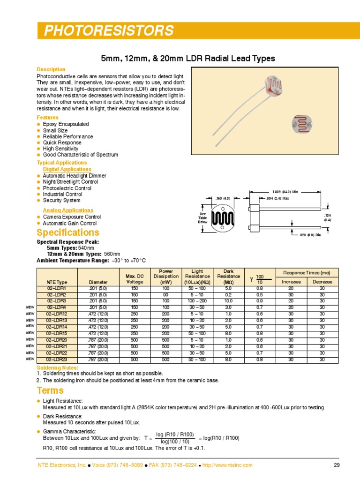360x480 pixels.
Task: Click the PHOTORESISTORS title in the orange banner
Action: tap(108, 31)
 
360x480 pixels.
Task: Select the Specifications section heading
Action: tap(68, 233)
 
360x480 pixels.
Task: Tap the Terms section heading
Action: tap(50, 390)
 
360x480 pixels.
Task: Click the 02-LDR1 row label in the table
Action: tap(57, 289)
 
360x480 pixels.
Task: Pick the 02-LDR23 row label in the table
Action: tap(57, 360)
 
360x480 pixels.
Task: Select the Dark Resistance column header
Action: tap(228, 277)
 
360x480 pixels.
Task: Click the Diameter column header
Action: tap(98, 282)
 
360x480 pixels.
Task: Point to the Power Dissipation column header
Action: tap(166, 277)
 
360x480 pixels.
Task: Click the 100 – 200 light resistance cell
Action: tap(197, 300)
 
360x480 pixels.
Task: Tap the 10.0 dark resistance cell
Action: tap(228, 300)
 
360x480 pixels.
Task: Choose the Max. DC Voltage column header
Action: tap(135, 279)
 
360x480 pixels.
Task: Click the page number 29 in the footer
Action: tap(336, 465)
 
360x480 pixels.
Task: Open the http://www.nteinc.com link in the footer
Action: tap(227, 465)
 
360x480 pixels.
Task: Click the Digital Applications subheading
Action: tap(67, 169)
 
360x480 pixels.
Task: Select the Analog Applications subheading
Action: tap(68, 210)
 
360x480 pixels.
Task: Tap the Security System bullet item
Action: tap(61, 200)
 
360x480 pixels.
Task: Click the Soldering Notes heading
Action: tap(58, 367)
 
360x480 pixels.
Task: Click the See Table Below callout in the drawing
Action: tap(202, 218)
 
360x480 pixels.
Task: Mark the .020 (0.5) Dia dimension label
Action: tap(310, 235)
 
